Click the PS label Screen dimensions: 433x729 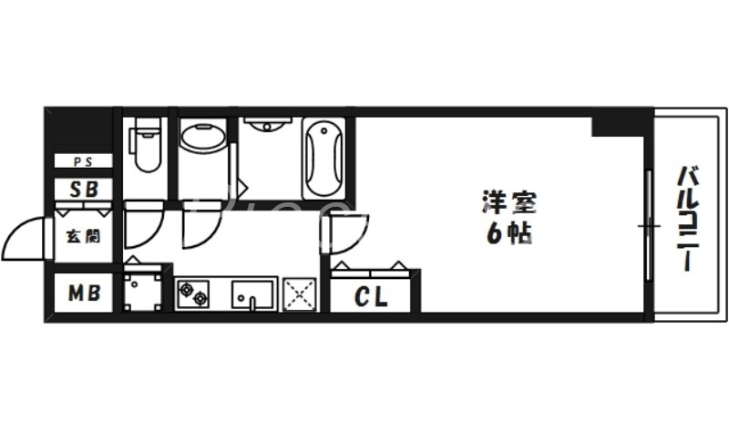(83, 162)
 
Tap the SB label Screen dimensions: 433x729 (83, 189)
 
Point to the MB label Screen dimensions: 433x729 (83, 294)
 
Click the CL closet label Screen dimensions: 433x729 (371, 296)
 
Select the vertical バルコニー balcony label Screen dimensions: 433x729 (689, 219)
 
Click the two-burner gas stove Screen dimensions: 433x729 (193, 294)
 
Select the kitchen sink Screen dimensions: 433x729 (252, 294)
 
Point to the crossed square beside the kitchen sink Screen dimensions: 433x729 (300, 294)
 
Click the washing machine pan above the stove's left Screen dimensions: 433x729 (143, 290)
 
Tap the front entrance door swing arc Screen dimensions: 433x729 (27, 239)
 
